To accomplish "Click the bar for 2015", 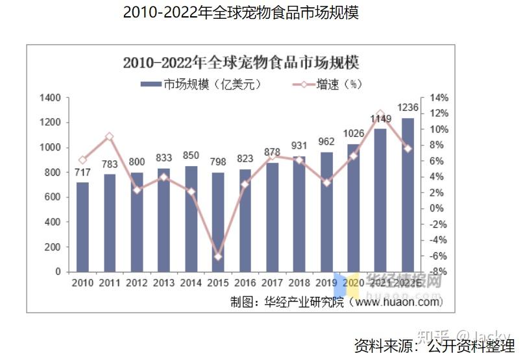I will click(x=218, y=222).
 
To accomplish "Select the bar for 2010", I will click(x=82, y=227).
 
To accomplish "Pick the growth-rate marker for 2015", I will click(x=218, y=257).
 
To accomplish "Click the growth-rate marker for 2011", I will click(x=110, y=136).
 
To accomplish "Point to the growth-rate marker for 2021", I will click(x=380, y=114).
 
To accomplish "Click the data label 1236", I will click(x=407, y=107).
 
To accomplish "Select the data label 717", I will click(x=82, y=173).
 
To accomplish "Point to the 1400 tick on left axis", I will click(x=50, y=98).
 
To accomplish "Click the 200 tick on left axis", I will click(x=53, y=247).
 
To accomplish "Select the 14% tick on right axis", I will click(x=439, y=98).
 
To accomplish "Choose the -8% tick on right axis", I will click(x=439, y=272).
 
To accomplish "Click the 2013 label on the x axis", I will click(x=164, y=283).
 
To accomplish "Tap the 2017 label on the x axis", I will click(x=272, y=283).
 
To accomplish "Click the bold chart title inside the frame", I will click(x=241, y=63).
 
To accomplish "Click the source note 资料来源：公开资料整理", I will click(x=433, y=345).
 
